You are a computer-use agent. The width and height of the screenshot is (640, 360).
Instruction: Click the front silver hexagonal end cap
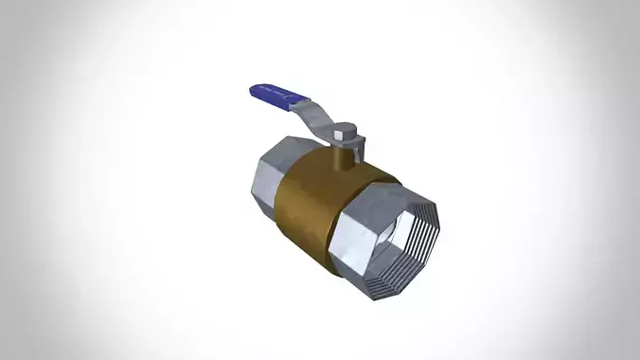tap(355, 232)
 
